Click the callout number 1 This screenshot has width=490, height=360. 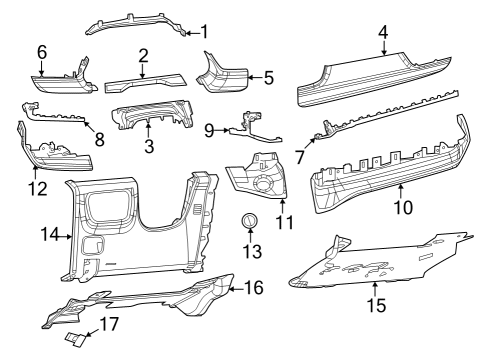click(x=205, y=32)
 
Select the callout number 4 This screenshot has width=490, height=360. click(x=383, y=32)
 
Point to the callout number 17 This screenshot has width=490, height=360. click(x=109, y=324)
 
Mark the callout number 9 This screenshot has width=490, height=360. click(x=209, y=130)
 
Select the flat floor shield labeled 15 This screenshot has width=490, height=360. click(x=380, y=265)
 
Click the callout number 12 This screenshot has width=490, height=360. click(x=38, y=187)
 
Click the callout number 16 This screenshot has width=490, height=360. click(x=253, y=288)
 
